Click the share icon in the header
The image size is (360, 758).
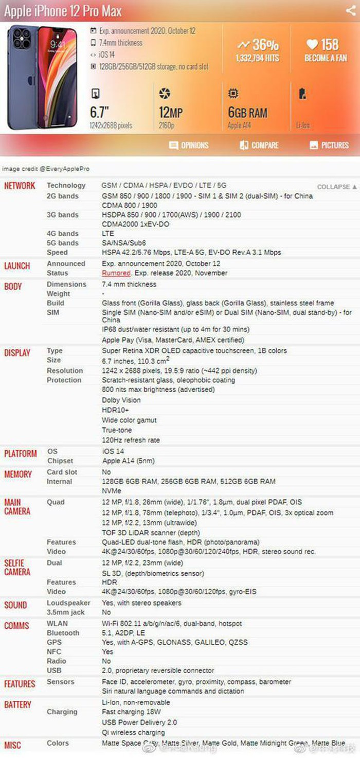(x=350, y=10)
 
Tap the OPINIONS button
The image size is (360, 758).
(x=189, y=146)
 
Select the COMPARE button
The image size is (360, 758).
(x=259, y=146)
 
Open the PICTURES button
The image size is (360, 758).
(x=329, y=146)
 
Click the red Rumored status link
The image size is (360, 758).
(x=116, y=273)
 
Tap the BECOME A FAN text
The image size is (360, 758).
(x=326, y=58)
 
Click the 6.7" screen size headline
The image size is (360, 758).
(x=100, y=112)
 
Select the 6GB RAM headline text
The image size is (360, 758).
(x=247, y=113)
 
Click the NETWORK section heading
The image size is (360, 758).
(x=20, y=186)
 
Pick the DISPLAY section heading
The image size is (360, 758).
(x=17, y=352)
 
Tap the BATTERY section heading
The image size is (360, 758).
(x=17, y=704)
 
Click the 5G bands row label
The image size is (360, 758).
(x=62, y=243)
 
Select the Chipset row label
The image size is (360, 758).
(x=60, y=461)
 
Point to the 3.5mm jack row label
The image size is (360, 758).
(x=65, y=612)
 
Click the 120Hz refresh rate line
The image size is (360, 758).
(x=131, y=440)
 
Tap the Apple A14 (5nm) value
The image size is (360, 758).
(x=128, y=461)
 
